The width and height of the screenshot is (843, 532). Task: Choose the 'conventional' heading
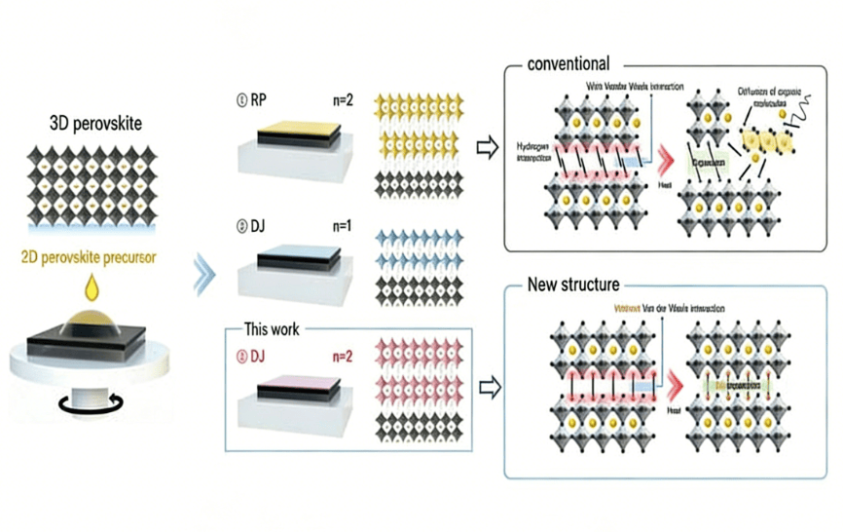pos(568,64)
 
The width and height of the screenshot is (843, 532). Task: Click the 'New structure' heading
pos(572,285)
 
